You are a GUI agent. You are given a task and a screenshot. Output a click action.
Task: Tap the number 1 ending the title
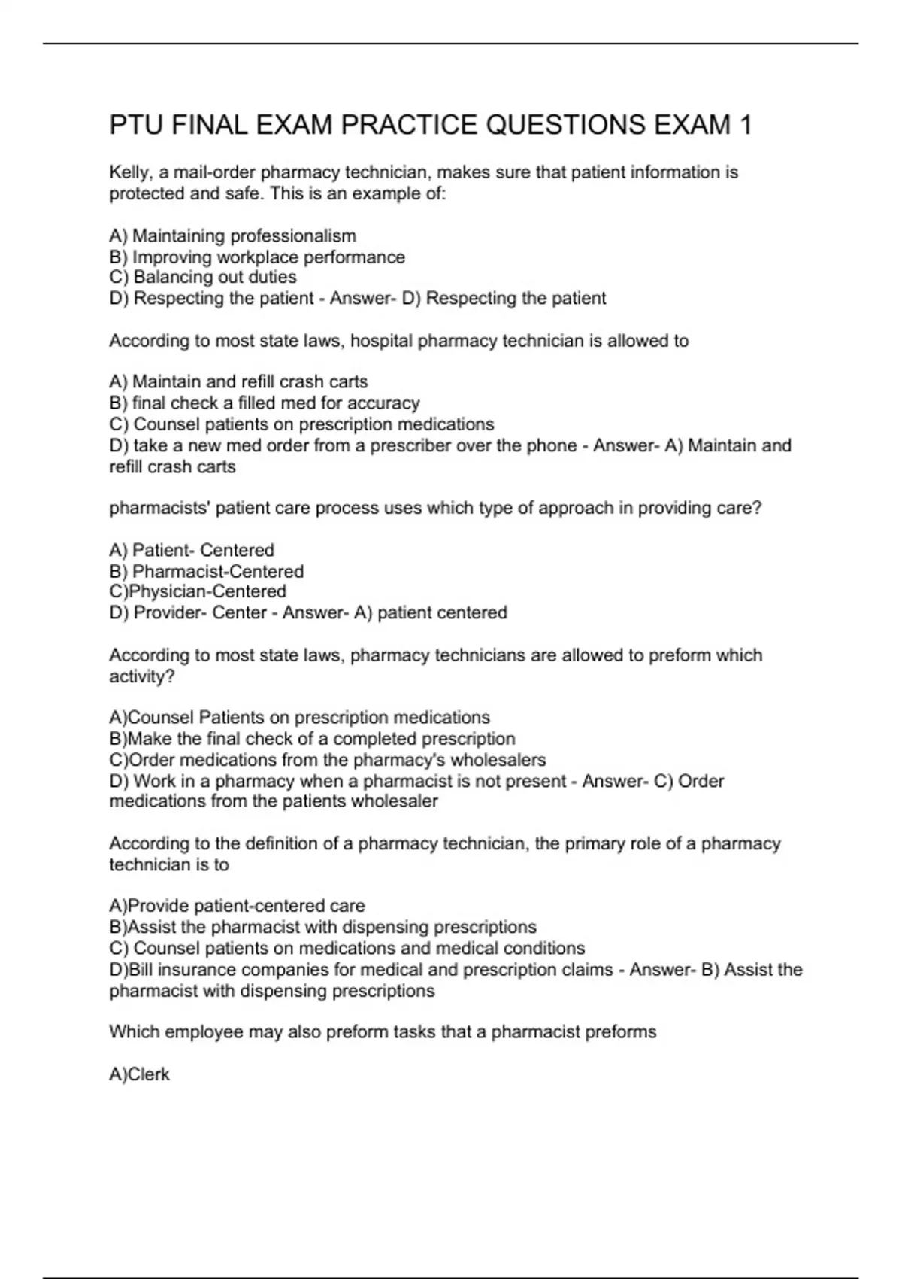pos(744,125)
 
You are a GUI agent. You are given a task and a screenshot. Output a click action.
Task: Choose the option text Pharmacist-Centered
pos(218,572)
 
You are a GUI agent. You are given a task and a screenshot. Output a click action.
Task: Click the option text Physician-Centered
pos(207,592)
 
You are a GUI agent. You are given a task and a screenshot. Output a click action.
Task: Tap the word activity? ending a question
pos(142,676)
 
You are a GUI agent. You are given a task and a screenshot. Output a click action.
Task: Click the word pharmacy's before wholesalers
pos(399,760)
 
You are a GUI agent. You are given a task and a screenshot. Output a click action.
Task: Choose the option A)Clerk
pos(140,1074)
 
